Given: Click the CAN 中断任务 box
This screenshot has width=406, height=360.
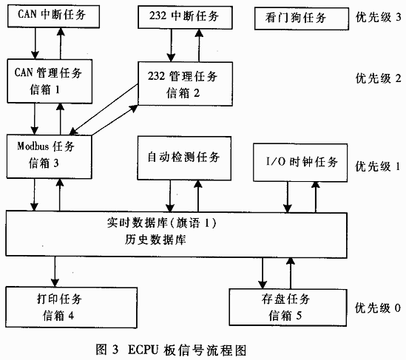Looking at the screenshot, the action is tap(53, 16).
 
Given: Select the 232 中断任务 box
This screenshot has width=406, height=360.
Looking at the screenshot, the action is tap(185, 17).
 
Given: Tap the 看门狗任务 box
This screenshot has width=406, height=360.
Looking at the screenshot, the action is tap(302, 18).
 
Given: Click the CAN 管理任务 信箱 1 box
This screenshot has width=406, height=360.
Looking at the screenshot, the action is tap(50, 81).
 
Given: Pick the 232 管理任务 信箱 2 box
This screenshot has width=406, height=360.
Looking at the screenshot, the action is tap(185, 84).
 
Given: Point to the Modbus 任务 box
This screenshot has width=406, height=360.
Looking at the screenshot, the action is tap(50, 157).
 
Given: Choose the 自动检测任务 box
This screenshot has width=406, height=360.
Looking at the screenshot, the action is tap(184, 158).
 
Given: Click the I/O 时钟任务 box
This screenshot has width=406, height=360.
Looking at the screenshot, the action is tap(300, 163).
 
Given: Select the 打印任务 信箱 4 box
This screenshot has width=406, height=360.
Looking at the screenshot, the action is tap(71, 308).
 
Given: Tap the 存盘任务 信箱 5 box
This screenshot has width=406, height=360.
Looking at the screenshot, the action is tap(288, 308).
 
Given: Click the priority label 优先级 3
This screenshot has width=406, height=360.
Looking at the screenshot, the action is tap(378, 17).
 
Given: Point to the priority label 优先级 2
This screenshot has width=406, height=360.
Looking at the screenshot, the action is tap(378, 78).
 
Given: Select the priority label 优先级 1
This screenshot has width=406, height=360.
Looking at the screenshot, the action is tap(377, 166).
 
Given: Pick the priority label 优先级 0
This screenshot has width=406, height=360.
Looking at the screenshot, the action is tap(377, 308).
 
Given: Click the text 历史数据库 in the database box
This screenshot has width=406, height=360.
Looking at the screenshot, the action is tap(155, 240).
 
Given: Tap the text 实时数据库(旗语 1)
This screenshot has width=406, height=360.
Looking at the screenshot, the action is tap(161, 223).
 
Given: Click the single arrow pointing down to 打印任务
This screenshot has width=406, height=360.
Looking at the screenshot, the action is tap(55, 272).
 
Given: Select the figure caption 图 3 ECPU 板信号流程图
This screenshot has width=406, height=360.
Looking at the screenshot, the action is tap(171, 350).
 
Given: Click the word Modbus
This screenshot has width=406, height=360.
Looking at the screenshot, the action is tap(33, 146).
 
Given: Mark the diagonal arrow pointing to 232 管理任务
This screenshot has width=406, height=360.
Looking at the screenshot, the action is tap(115, 120).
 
